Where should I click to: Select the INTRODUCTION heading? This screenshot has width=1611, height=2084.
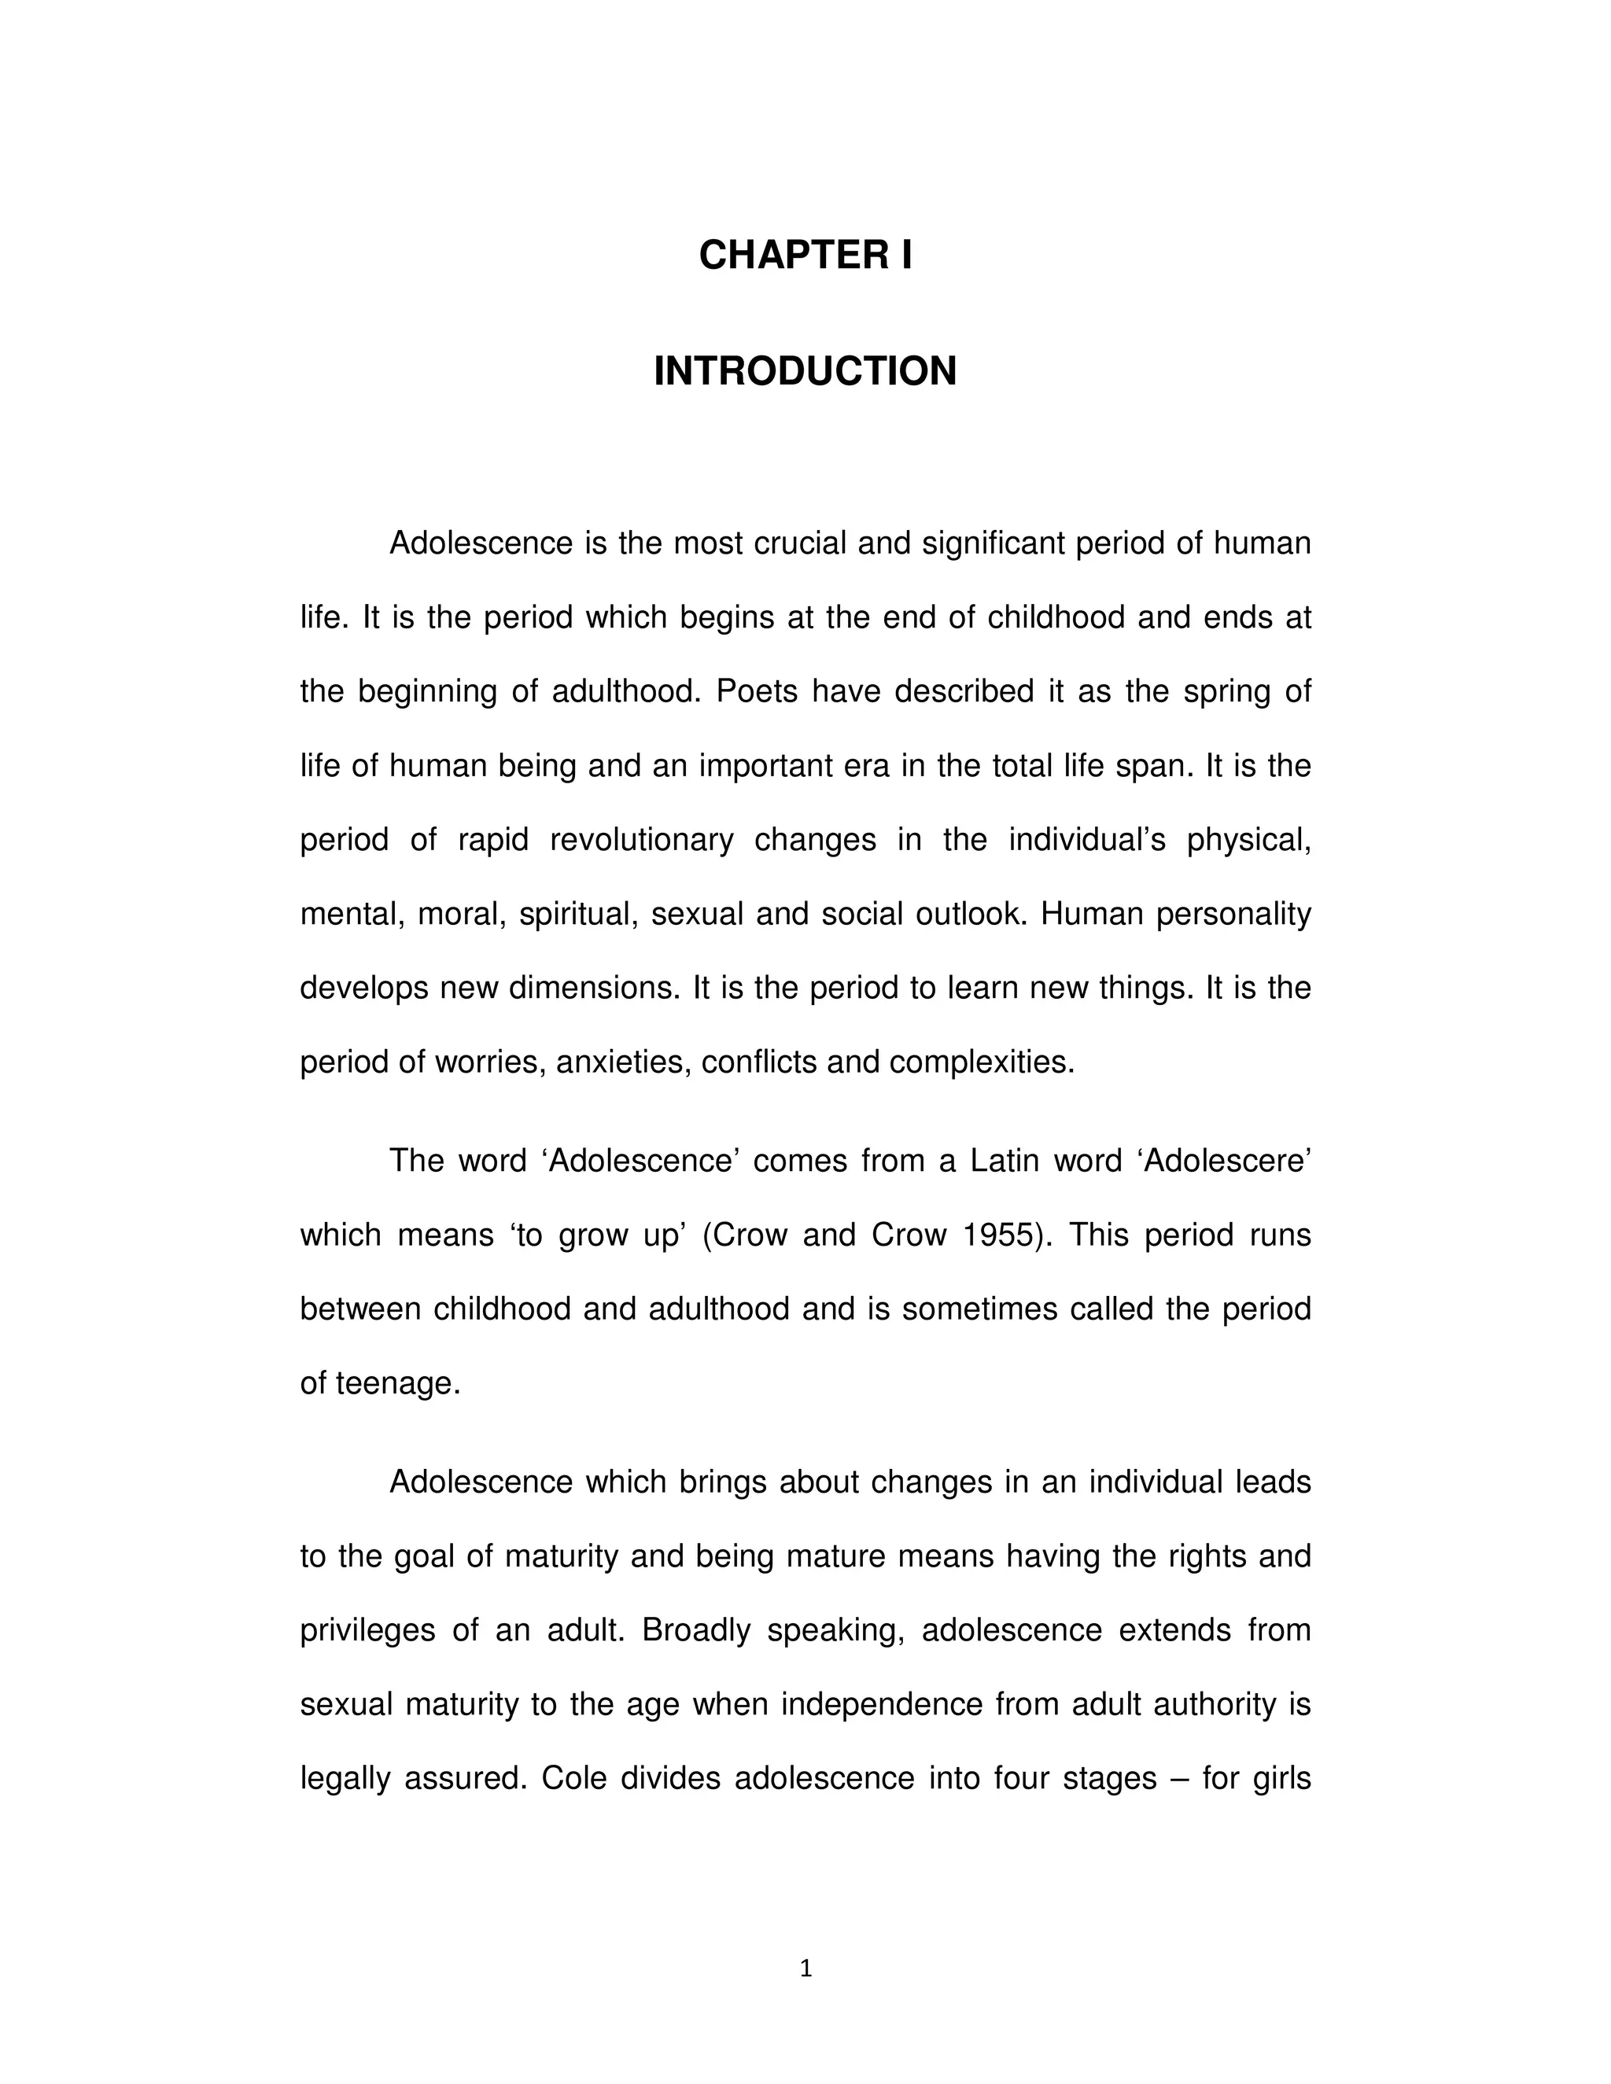805,371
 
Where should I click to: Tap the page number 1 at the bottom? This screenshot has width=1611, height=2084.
805,1968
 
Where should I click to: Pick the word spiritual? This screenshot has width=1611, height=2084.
577,914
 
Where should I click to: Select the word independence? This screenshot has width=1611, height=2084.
882,1704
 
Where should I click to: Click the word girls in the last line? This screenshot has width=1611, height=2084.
1281,1779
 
